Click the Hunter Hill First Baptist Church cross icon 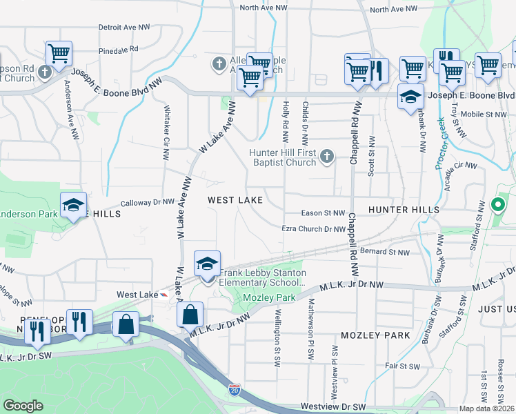click(327, 159)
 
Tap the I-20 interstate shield click(235, 391)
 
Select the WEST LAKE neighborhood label click(235, 200)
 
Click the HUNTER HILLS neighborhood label click(404, 209)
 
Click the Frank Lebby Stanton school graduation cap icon click(207, 264)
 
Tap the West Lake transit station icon click(163, 295)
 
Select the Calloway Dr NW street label click(147, 203)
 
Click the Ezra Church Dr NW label click(312, 230)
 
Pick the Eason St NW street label click(323, 213)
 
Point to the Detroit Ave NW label click(124, 27)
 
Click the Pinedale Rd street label click(119, 50)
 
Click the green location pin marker click(497, 205)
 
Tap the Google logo click(23, 406)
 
